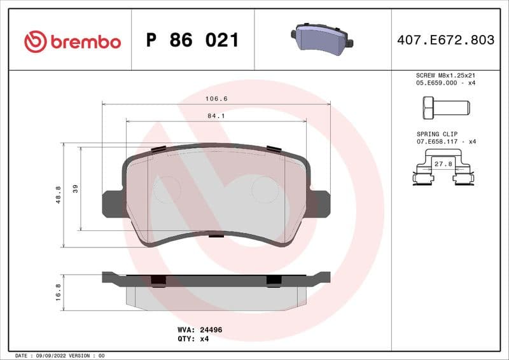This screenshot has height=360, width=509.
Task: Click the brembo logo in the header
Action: (72, 41)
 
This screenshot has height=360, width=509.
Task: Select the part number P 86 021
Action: (192, 41)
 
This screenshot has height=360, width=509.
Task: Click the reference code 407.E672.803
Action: (445, 40)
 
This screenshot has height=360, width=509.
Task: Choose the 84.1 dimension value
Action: (216, 116)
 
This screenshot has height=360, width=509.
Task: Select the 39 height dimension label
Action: (76, 188)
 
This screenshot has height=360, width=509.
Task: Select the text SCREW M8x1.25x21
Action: (445, 75)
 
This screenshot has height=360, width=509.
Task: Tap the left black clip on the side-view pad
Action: (158, 280)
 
